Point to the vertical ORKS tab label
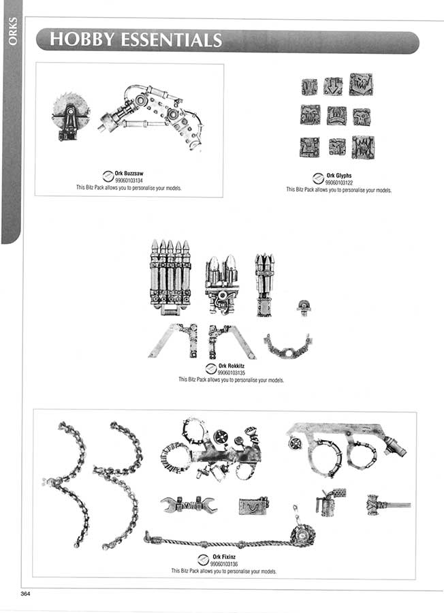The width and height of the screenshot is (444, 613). point(13,31)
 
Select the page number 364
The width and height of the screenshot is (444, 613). point(25,593)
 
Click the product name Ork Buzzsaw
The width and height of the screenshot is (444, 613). point(129,173)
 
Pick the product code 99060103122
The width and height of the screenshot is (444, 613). point(339,183)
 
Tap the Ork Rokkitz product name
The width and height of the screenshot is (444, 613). point(232,366)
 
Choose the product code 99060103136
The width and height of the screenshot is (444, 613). point(224,564)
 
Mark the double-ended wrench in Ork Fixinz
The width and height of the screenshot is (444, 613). point(189,505)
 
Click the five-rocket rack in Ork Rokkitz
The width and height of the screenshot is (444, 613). point(170,277)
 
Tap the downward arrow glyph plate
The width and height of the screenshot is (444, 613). point(333,86)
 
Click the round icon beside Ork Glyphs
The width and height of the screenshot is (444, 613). point(318,178)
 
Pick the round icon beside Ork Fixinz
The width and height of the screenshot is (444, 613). point(203,560)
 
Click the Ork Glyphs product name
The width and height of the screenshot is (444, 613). point(339,176)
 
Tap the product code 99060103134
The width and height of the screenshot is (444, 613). point(129,180)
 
